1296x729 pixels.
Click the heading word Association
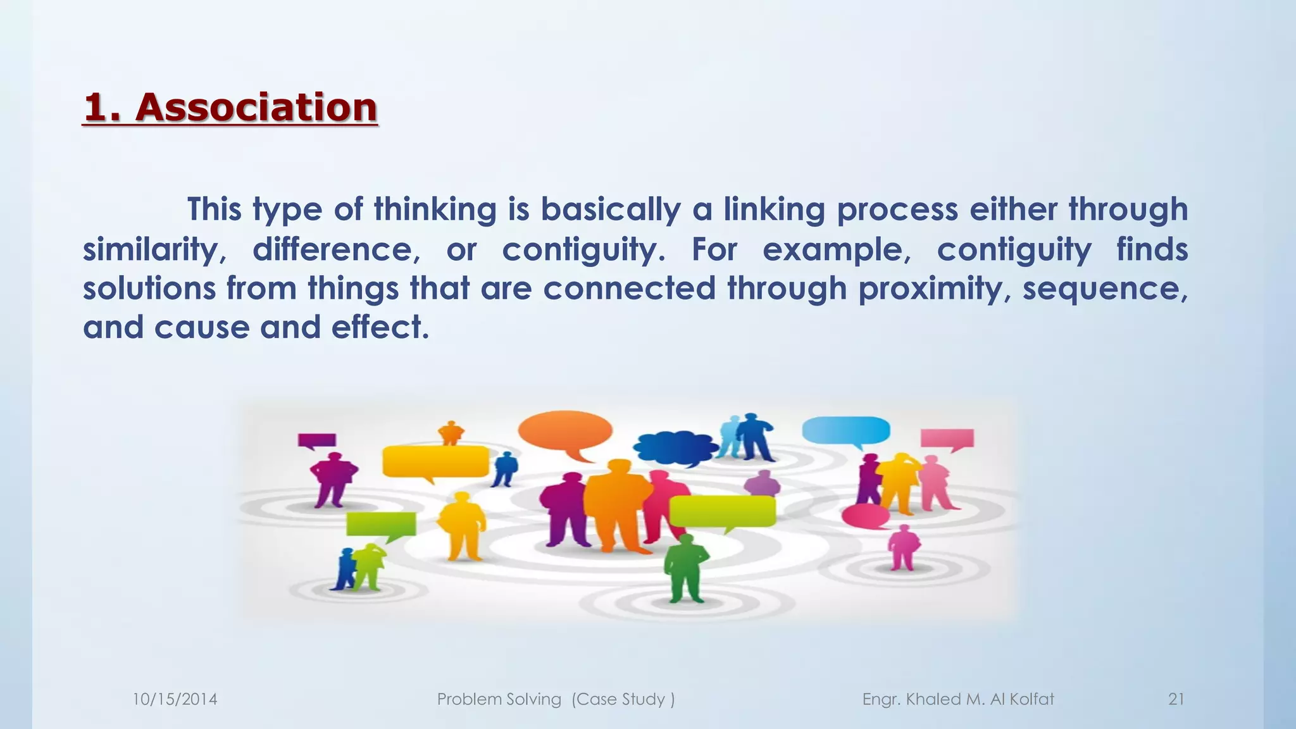click(256, 107)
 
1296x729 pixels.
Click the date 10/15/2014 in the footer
click(175, 699)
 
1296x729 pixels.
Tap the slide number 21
click(1176, 699)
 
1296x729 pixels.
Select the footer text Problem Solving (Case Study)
click(556, 699)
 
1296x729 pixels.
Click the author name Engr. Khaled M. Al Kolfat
click(958, 699)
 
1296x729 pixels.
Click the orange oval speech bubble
click(564, 431)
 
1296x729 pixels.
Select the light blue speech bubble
click(845, 430)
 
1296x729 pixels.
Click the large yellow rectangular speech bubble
click(435, 461)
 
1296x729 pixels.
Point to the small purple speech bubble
click(316, 440)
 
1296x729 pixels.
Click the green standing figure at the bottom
click(686, 568)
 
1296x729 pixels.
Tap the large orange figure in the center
click(616, 506)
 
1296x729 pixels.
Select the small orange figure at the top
click(451, 433)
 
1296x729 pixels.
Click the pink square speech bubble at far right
click(947, 438)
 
